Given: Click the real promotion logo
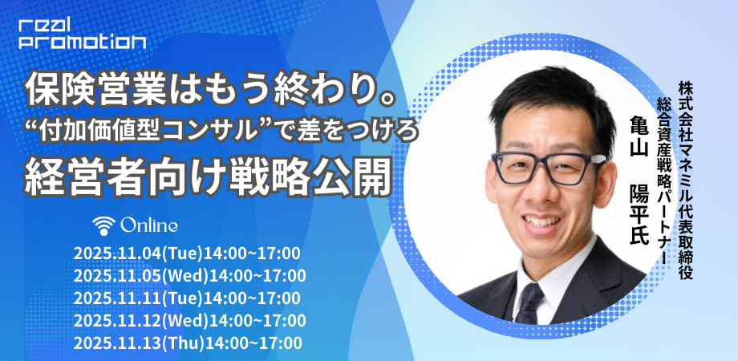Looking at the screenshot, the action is point(83,32).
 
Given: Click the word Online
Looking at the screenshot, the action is point(149,225).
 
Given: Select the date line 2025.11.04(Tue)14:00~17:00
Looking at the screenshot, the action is point(187,254).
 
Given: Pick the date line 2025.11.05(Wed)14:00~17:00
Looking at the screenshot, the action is point(189,275).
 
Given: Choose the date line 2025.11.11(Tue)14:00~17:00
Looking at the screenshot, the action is point(187,298).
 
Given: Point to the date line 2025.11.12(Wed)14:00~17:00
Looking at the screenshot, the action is point(189,320).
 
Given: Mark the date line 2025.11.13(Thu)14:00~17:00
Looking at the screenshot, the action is point(188,343).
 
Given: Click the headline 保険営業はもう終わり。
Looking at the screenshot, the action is point(209,91).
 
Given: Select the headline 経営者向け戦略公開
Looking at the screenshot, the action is point(208,178).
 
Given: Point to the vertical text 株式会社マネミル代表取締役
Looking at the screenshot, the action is point(685,180).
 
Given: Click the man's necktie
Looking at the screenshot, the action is point(529,302).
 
